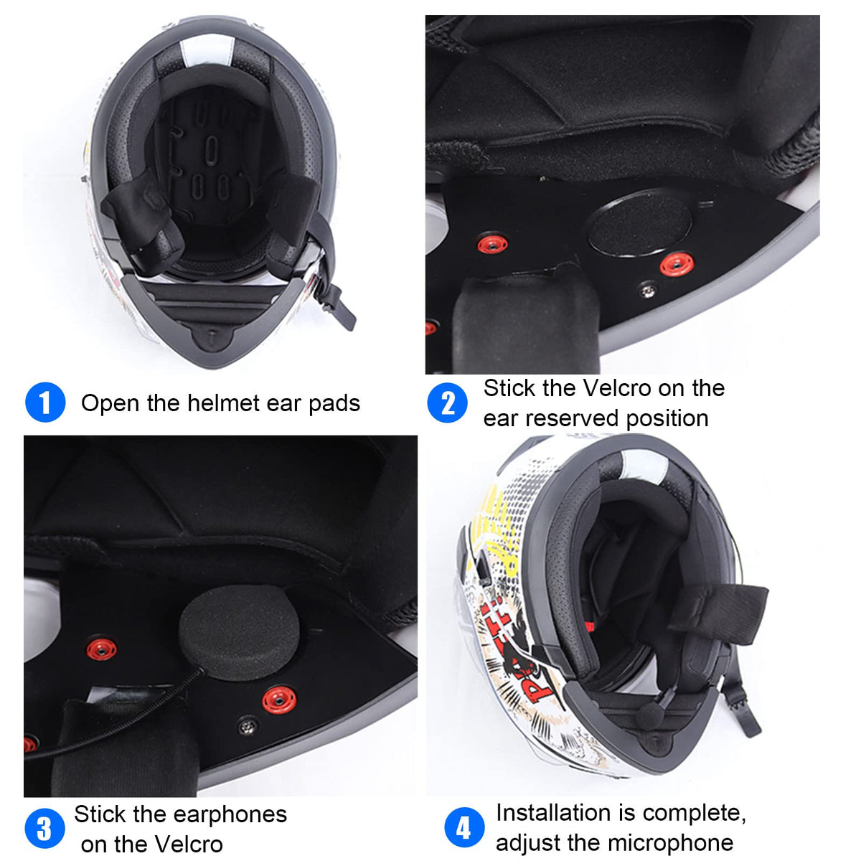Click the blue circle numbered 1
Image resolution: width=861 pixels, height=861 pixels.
[45, 402]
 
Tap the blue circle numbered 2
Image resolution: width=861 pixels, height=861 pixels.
[447, 403]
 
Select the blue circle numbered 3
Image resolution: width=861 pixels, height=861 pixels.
[44, 829]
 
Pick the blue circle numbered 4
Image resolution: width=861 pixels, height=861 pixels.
[464, 827]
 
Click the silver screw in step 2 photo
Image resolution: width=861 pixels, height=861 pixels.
[646, 291]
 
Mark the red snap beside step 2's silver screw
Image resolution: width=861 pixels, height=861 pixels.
[677, 263]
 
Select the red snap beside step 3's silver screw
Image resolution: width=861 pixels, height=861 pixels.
[279, 700]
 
